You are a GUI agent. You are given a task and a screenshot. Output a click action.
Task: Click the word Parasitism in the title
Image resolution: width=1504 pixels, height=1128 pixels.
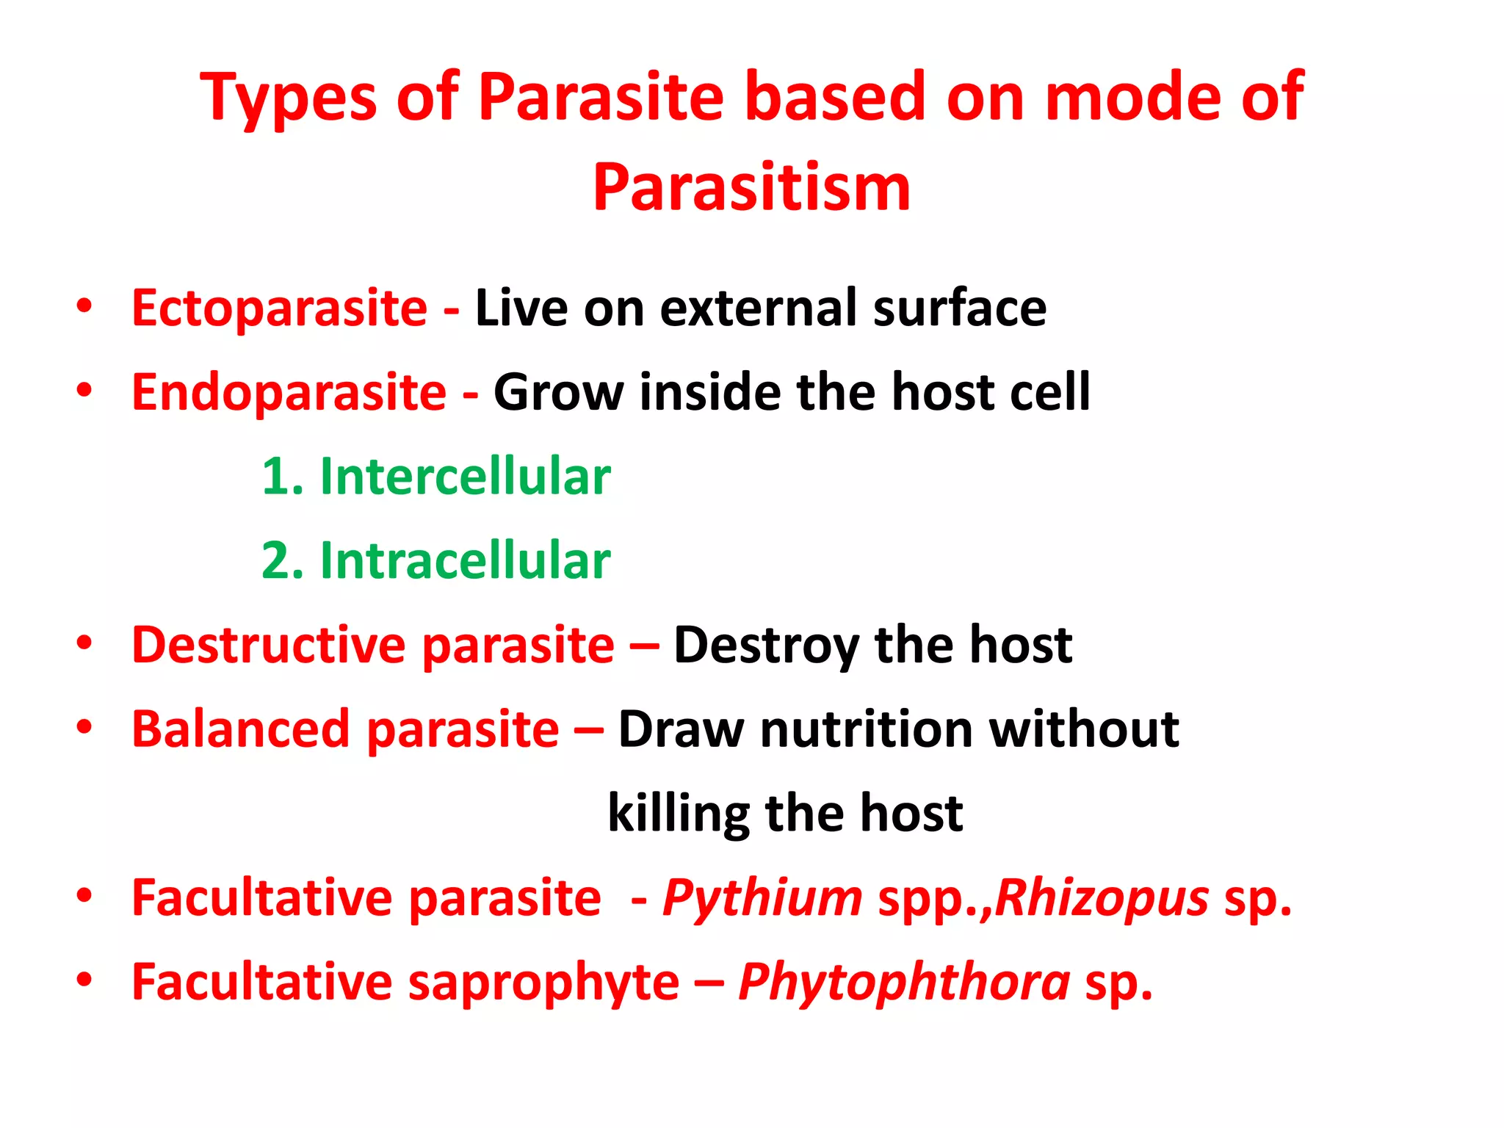coord(751,188)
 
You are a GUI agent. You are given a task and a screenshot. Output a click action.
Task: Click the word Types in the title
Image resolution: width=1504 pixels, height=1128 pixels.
coord(288,98)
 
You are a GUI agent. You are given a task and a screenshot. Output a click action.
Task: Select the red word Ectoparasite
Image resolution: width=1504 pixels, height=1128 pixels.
coord(279,308)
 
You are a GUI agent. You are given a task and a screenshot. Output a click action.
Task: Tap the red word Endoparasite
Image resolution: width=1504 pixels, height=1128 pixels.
coord(289,393)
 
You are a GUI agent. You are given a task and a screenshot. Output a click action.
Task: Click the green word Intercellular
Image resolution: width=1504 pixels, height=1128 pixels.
coord(465,477)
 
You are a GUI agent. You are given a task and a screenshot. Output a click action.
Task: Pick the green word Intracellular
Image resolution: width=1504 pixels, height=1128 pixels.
coord(465,561)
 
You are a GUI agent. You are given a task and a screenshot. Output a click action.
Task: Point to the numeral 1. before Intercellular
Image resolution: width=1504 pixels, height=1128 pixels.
coord(282,477)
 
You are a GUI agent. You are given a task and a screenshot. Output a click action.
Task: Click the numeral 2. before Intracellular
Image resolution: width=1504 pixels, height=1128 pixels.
coord(282,561)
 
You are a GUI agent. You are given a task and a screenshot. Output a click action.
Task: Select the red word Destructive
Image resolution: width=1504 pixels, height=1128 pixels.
coord(269,646)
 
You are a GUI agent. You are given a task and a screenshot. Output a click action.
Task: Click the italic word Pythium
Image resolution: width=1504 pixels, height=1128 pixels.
coord(762,899)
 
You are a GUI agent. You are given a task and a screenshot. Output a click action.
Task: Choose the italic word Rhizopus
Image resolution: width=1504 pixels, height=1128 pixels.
coord(1102,899)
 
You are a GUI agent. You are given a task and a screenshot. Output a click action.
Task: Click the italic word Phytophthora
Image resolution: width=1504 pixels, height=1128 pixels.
coord(904,983)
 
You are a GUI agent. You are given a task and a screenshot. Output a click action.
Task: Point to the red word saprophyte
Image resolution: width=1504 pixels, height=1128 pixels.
coord(543,983)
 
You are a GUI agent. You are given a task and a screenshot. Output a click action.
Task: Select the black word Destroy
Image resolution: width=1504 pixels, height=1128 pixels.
coord(766,647)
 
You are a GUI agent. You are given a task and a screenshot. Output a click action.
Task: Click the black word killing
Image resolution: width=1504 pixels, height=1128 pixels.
coord(679,814)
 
